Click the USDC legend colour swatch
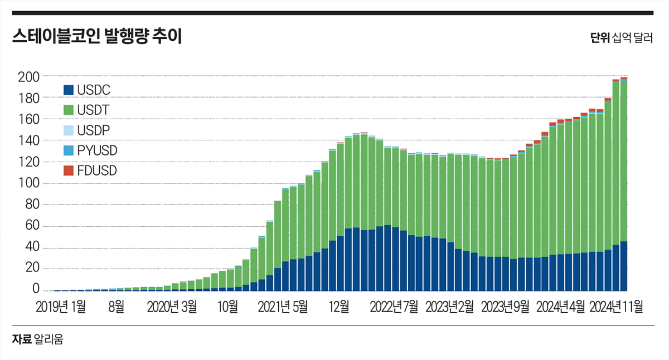69,89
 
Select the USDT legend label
94,110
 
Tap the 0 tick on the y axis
35,290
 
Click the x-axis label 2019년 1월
61,306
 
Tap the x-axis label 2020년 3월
172,306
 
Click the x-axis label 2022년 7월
394,306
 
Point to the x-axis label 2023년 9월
505,306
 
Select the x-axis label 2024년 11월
617,306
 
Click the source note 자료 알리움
37,339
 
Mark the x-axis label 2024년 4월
560,306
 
